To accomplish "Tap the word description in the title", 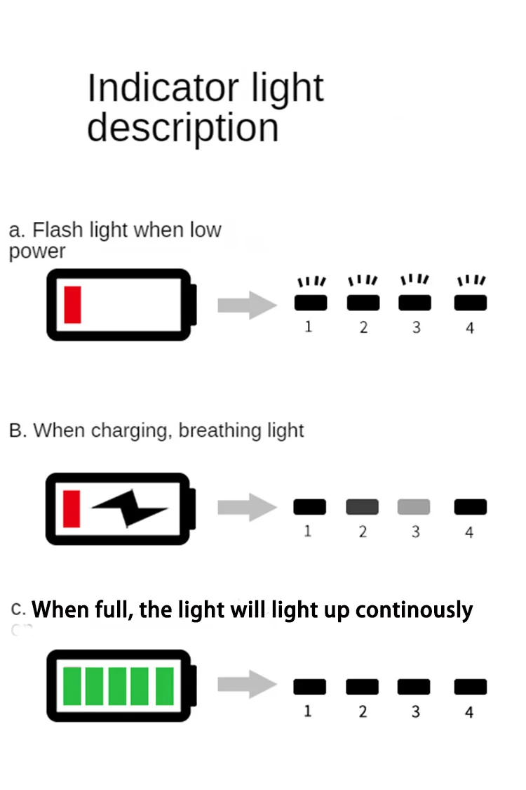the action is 182,128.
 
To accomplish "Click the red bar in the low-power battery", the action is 72,305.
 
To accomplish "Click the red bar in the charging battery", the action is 72,508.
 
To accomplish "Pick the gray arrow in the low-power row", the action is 247,305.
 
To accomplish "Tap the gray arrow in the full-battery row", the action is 247,686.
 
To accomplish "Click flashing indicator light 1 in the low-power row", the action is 309,303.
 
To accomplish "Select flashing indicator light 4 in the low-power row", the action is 470,303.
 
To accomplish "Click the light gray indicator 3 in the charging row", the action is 414,506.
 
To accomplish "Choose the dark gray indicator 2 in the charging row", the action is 362,506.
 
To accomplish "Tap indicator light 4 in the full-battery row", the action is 470,686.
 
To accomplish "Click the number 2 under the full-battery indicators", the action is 363,711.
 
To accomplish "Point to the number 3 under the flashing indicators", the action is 416,327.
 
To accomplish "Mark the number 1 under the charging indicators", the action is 308,532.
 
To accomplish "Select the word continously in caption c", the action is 414,610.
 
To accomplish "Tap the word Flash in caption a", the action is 58,230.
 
